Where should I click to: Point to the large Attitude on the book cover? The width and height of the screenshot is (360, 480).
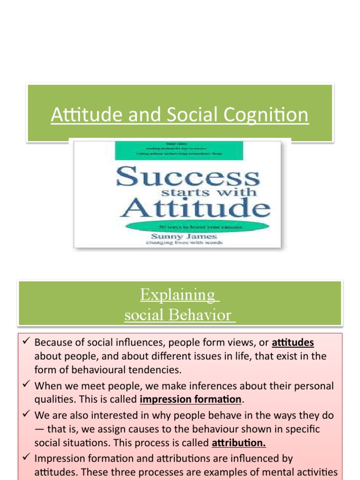click(195, 207)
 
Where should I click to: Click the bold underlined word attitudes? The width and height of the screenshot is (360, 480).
click(292, 343)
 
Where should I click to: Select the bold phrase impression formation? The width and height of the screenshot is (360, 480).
click(190, 399)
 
